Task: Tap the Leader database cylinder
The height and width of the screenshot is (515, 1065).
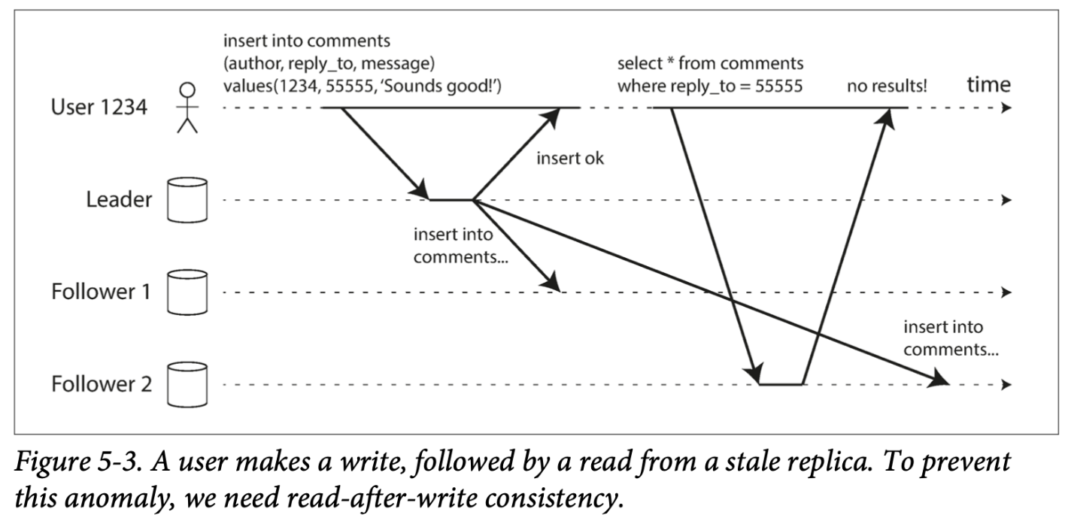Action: (x=187, y=200)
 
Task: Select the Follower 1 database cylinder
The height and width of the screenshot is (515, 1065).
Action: (x=187, y=292)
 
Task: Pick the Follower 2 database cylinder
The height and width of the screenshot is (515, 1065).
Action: (x=187, y=384)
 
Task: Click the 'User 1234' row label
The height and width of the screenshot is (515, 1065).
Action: (x=101, y=108)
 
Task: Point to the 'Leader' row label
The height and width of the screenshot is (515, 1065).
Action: (x=119, y=200)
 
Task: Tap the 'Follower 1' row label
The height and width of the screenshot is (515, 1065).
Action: (x=101, y=292)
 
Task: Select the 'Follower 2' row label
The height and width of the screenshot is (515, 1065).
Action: (x=101, y=384)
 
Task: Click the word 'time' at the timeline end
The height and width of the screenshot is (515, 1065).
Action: (x=989, y=85)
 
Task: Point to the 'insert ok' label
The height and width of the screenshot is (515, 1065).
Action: (x=570, y=159)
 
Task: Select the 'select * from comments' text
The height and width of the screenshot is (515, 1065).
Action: (x=710, y=63)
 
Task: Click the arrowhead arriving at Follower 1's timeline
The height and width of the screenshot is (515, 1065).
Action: (x=554, y=283)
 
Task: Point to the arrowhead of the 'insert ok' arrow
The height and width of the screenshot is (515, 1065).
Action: (x=554, y=115)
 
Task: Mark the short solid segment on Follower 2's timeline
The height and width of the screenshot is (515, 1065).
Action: (x=781, y=384)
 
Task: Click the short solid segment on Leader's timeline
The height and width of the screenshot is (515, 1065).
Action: (x=451, y=200)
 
